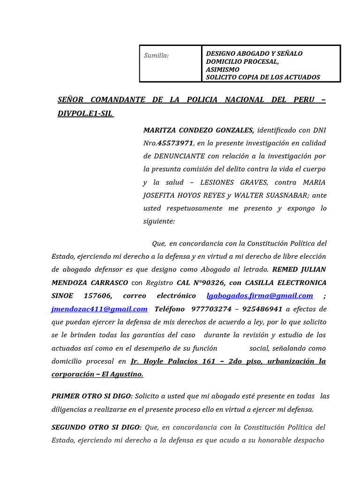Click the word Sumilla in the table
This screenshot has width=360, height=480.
click(x=156, y=56)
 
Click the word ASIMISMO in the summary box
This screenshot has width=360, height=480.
click(x=223, y=69)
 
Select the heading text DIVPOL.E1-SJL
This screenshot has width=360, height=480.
click(x=85, y=113)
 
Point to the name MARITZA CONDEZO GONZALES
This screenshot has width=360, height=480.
click(x=199, y=130)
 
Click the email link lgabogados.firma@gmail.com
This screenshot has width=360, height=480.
click(x=260, y=296)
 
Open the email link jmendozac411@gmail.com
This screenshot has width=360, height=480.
click(x=99, y=309)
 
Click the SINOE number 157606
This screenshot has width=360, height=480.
click(x=98, y=296)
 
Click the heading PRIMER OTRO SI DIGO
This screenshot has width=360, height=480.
click(x=92, y=396)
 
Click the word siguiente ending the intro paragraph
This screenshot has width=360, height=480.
click(x=158, y=221)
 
